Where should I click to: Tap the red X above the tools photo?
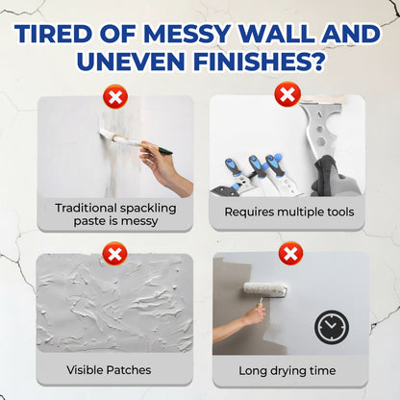point(287,94)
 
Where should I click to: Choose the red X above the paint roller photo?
point(288,255)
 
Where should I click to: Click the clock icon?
point(329,327)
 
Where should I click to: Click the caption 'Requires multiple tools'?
point(288,212)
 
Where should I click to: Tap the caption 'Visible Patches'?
point(108,369)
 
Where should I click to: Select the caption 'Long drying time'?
point(289,369)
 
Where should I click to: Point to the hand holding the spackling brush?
point(163,163)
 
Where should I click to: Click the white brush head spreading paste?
point(112,139)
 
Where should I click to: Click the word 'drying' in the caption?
point(290,369)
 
